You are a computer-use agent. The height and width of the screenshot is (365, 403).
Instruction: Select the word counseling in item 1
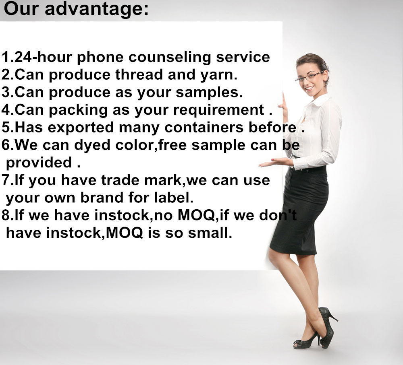[x=170, y=58]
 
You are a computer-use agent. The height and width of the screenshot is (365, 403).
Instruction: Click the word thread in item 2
[x=139, y=74]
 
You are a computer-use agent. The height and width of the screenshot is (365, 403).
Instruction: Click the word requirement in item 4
[x=219, y=111]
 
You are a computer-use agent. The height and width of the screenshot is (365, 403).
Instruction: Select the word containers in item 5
[x=204, y=127]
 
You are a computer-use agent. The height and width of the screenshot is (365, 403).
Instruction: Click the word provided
[x=39, y=163]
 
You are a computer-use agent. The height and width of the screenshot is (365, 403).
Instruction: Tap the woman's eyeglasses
[x=309, y=76]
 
